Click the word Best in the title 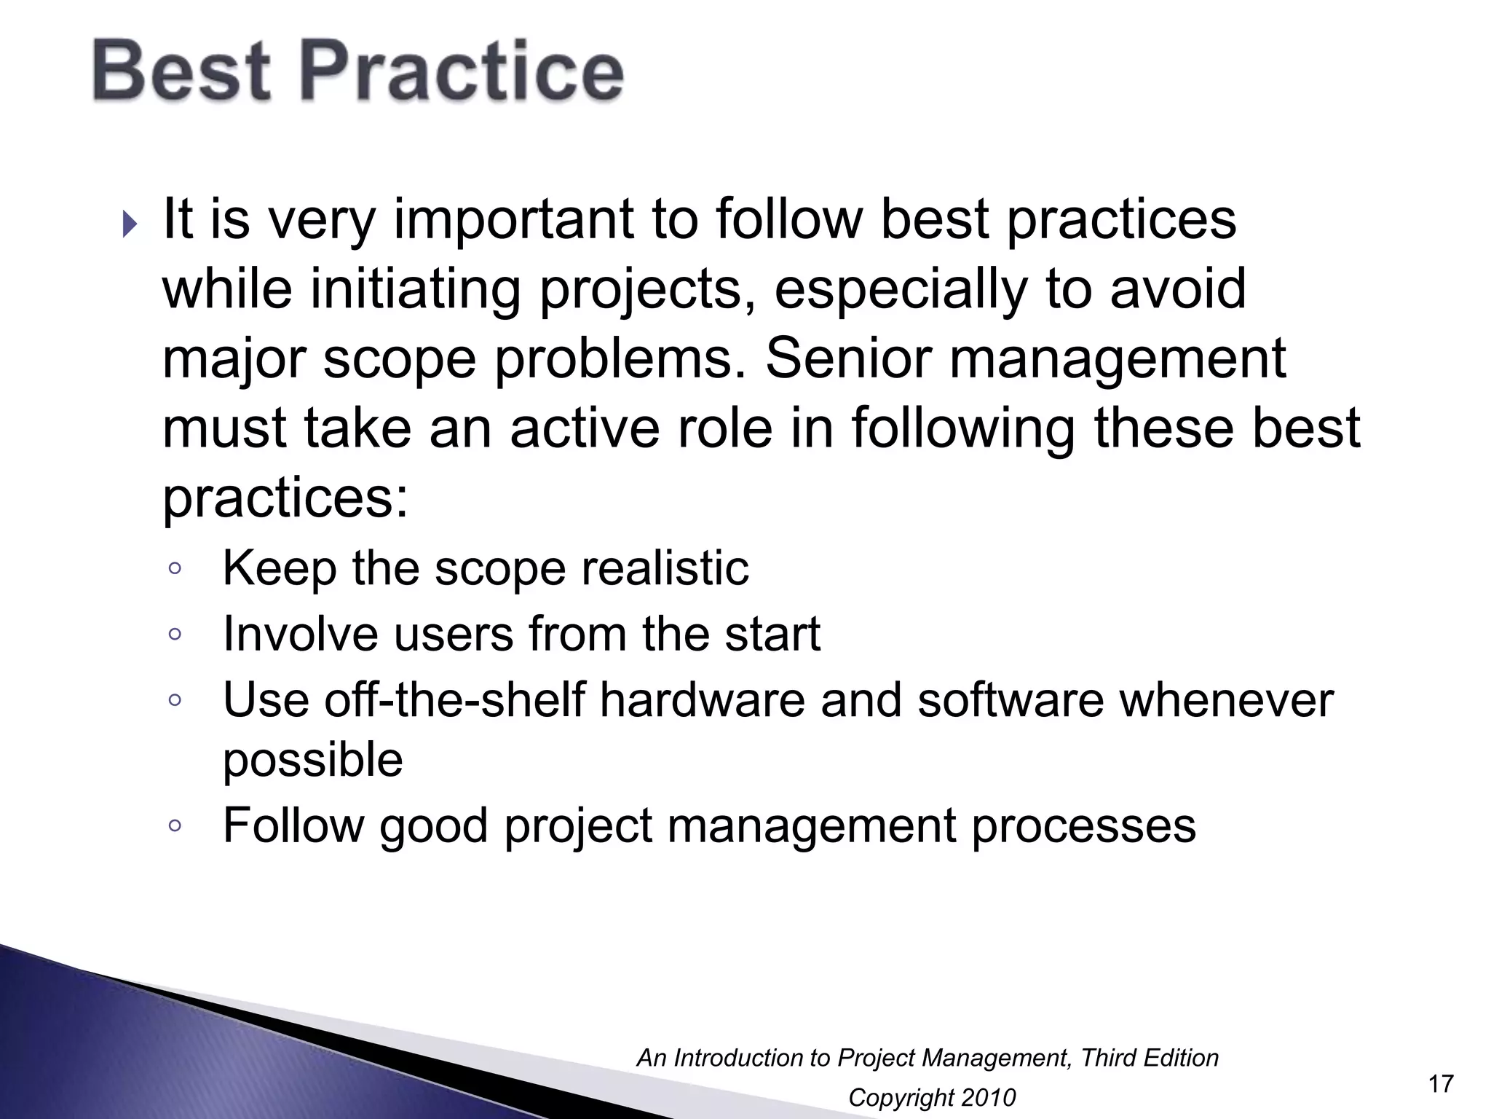click(181, 71)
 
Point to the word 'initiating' click(415, 288)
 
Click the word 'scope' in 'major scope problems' click(399, 360)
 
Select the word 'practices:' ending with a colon click(285, 499)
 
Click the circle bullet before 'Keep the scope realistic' click(174, 568)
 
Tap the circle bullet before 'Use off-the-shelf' click(174, 700)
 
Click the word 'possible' click(312, 761)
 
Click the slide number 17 click(1441, 1084)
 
